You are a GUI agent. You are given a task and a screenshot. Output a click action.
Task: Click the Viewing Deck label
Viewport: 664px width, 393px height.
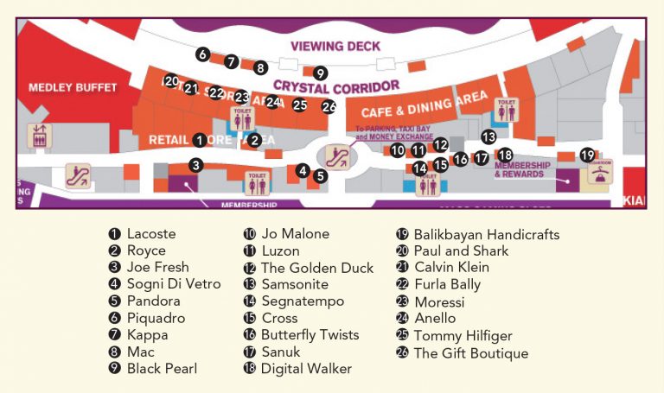click(335, 47)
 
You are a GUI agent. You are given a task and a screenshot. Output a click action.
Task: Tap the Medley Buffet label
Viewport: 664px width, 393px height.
click(61, 87)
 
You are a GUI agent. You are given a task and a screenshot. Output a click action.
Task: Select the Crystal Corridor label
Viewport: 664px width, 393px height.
click(336, 86)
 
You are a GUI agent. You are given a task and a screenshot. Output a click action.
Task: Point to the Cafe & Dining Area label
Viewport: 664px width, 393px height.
click(424, 106)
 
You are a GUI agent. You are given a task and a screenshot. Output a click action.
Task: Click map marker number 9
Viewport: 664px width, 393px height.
click(320, 73)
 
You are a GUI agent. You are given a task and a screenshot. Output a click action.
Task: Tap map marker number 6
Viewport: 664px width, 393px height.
click(202, 54)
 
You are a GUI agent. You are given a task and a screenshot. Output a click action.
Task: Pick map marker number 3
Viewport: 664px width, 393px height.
click(196, 165)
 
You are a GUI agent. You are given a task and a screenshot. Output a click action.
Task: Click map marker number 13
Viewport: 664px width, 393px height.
click(488, 136)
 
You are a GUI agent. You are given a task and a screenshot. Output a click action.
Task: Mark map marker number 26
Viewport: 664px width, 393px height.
click(329, 107)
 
